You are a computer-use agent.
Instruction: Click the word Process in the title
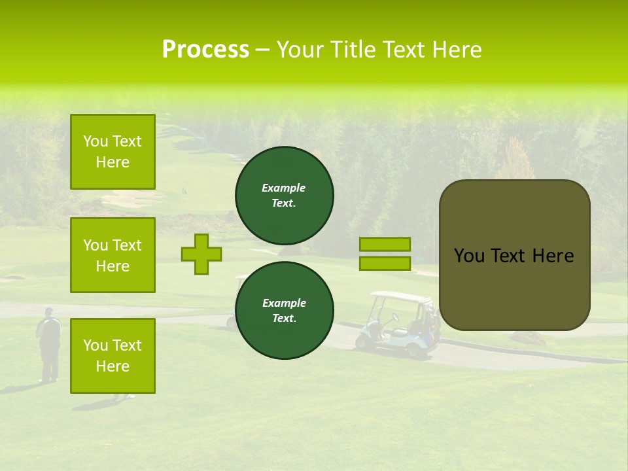click(205, 50)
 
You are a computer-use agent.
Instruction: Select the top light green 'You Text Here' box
click(113, 152)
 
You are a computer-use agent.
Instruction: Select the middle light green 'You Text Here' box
click(113, 255)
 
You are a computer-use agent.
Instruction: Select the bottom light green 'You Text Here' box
click(113, 356)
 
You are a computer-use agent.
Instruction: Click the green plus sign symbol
click(201, 254)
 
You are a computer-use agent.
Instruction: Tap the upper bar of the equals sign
click(385, 244)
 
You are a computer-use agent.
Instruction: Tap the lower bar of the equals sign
click(385, 264)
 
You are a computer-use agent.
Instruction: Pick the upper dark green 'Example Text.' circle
click(285, 196)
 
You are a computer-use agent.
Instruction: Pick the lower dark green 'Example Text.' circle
click(285, 311)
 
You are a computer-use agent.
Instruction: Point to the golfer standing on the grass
click(48, 343)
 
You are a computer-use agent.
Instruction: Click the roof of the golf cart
click(401, 298)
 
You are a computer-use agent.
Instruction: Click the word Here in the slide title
click(457, 50)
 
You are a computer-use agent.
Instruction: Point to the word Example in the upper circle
click(283, 188)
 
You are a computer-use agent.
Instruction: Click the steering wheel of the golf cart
click(394, 318)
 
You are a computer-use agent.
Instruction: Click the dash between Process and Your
click(262, 50)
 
